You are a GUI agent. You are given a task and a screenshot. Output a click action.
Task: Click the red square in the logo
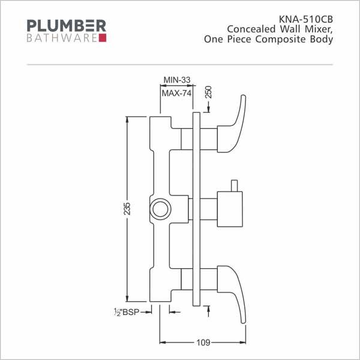(x=103, y=38)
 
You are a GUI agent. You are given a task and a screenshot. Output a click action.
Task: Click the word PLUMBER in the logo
(x=67, y=26)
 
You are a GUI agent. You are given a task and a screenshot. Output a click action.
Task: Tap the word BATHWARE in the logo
(x=62, y=38)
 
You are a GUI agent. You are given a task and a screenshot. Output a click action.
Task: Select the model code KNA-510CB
(x=306, y=19)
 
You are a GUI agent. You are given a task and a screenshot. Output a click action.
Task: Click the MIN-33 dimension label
(x=177, y=80)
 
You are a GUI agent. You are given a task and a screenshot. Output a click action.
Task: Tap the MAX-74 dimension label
(x=176, y=94)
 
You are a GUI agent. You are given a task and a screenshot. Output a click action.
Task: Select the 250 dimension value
(x=208, y=92)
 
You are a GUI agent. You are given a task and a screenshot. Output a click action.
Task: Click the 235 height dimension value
(x=127, y=209)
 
